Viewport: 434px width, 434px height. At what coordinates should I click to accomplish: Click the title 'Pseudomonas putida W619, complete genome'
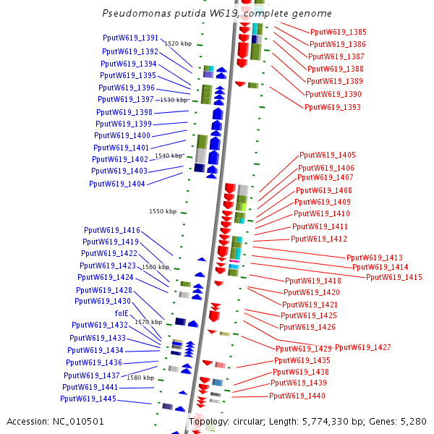pos(217,14)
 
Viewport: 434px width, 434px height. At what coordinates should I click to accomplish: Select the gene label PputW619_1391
pos(130,38)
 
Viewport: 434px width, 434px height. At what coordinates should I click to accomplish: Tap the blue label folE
pos(122,313)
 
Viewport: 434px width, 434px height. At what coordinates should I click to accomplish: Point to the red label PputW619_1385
pos(338,32)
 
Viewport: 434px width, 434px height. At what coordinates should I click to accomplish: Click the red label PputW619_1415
pos(394,277)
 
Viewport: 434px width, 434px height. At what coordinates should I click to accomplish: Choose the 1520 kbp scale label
pos(178,44)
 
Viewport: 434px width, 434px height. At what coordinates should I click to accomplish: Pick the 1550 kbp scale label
pos(163,212)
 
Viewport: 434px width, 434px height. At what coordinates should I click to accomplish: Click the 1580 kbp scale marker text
pos(141,378)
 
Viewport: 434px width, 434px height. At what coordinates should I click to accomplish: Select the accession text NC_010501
pos(55,421)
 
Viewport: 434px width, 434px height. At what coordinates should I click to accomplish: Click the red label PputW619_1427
pos(362,348)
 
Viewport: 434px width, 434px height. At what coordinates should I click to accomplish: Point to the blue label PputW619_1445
pos(88,399)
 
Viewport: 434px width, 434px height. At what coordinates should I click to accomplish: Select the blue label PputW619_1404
pos(117,184)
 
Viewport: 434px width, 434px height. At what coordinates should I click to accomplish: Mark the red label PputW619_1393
pos(332,107)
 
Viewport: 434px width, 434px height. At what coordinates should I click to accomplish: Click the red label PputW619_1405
pos(328,155)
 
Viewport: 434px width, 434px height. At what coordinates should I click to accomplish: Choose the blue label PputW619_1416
pos(111,230)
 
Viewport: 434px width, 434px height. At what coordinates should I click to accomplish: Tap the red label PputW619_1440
pos(297,396)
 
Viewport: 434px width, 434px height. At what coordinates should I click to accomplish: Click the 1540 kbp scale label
pos(169,156)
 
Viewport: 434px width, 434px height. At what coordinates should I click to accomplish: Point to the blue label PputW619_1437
pos(91,375)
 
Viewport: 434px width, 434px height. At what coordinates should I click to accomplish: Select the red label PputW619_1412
pos(319,239)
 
